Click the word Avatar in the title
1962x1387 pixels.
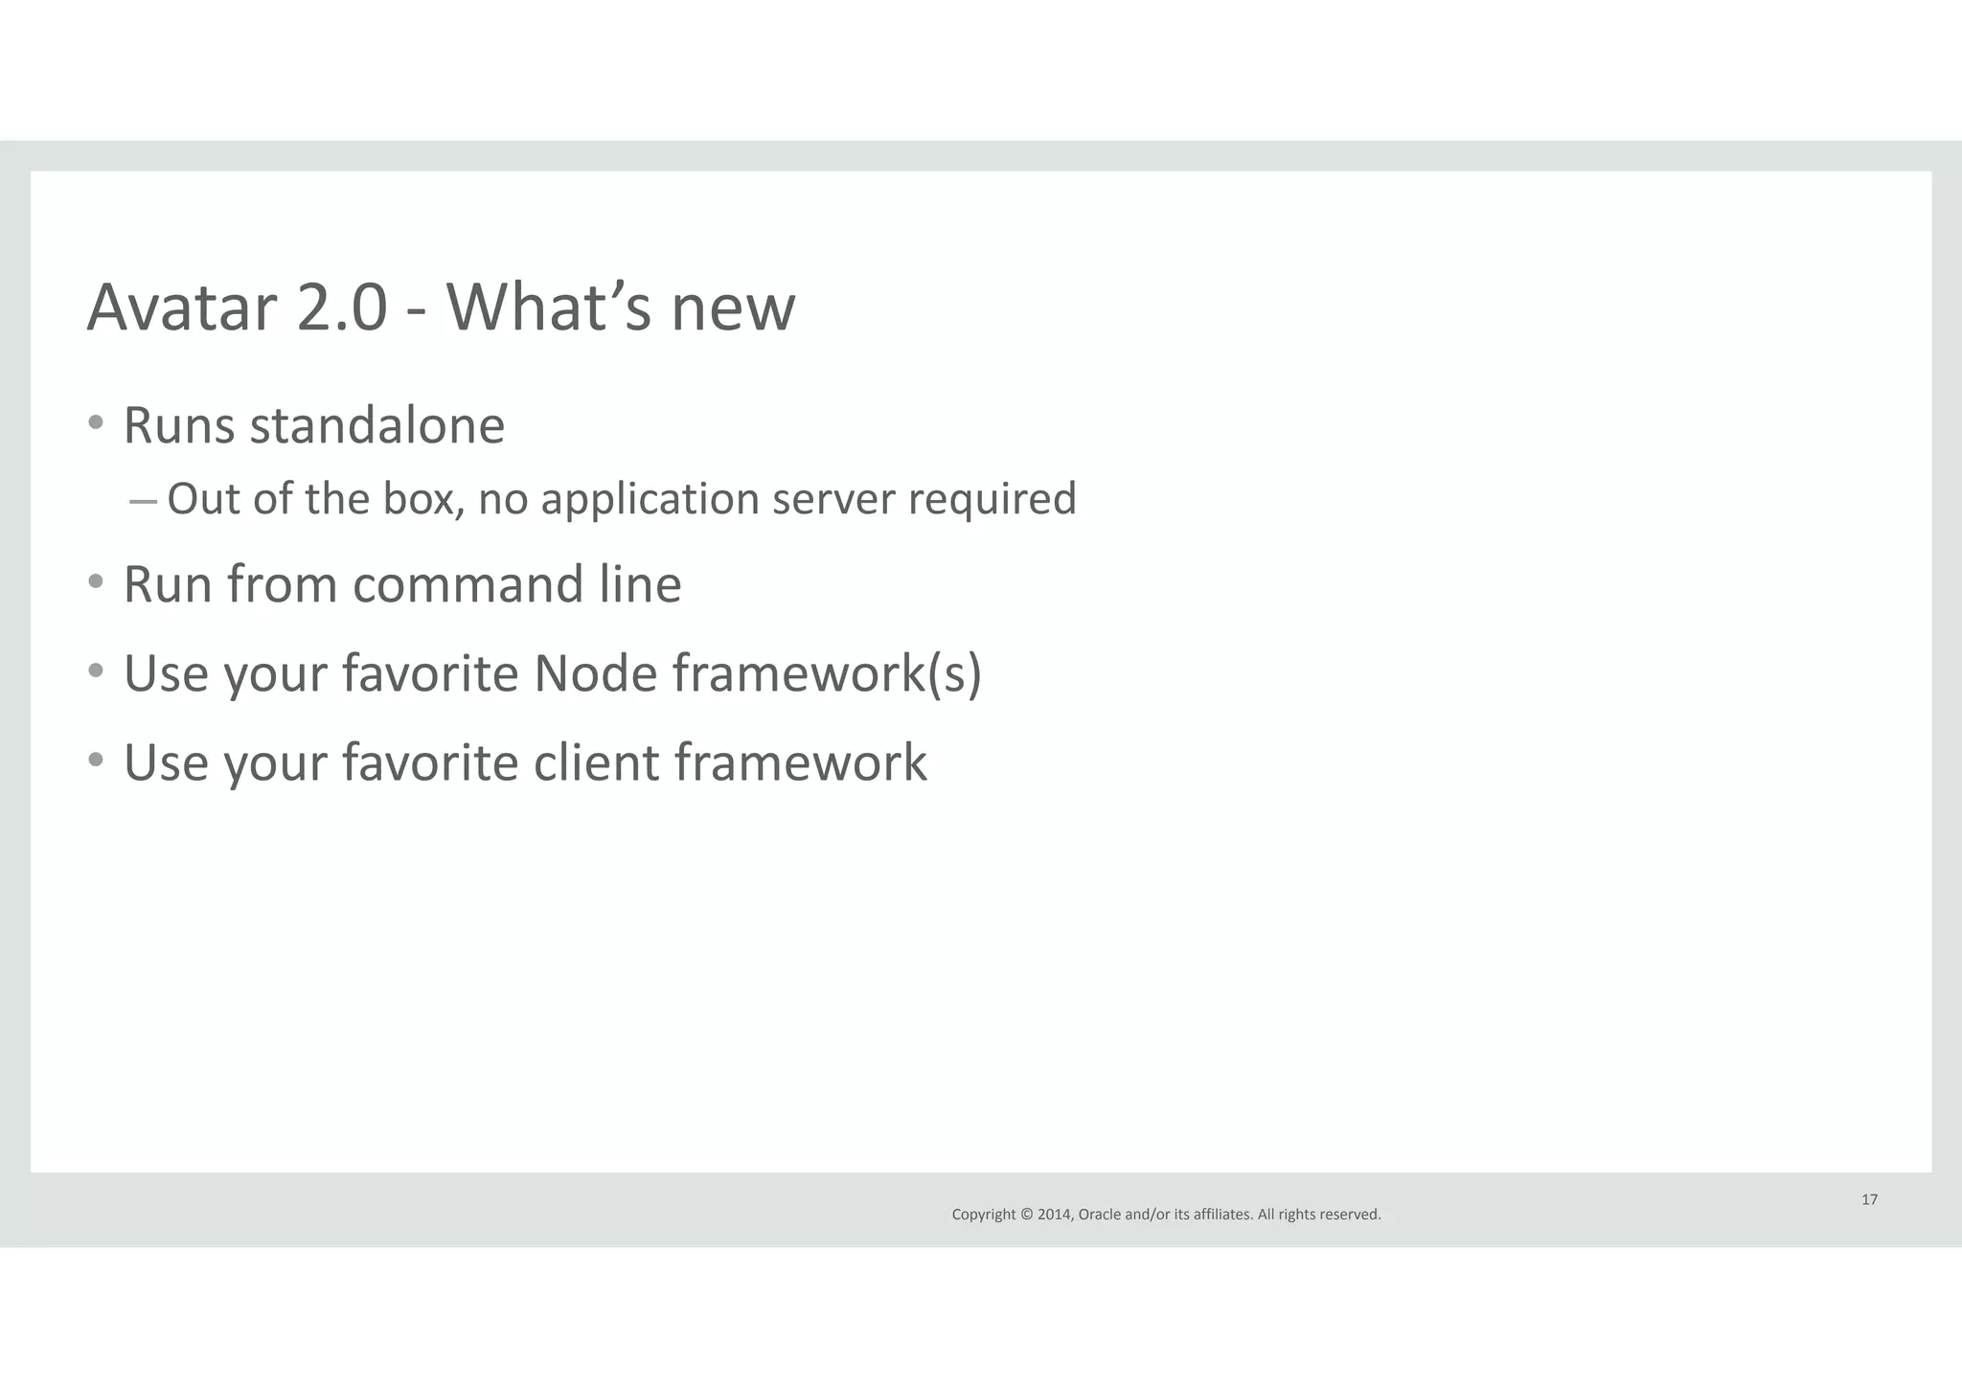coord(182,308)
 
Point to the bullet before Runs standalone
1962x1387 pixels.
coord(95,423)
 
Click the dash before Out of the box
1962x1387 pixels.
coord(143,500)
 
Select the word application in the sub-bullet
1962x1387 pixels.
coord(650,500)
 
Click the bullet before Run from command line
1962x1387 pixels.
coord(95,581)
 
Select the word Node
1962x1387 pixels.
coord(595,673)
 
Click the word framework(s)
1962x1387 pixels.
coord(827,673)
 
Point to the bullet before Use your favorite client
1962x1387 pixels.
coord(95,760)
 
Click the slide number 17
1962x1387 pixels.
coord(1869,1199)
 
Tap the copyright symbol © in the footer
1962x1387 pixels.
coord(1027,1215)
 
